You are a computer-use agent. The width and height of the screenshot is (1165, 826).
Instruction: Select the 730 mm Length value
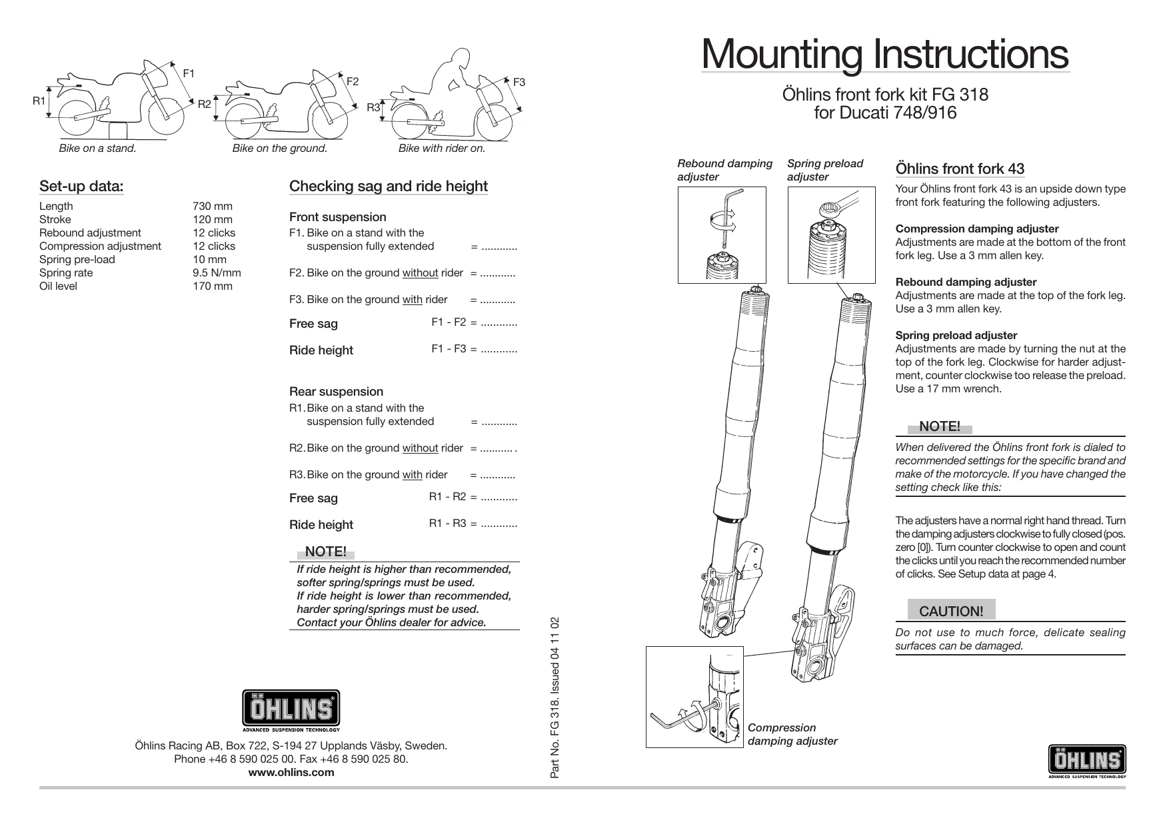pos(212,206)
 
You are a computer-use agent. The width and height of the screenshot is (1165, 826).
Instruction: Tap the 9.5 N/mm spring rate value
pos(217,273)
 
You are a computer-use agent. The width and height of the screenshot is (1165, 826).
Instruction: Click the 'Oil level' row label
pos(58,286)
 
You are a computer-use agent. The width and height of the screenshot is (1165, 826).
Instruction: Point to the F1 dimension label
pos(189,73)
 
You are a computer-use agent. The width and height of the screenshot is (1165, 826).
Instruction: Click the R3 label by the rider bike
pos(374,107)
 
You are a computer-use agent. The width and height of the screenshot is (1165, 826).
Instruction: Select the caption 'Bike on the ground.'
pos(279,149)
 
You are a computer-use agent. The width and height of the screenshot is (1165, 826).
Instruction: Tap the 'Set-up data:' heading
pos(81,186)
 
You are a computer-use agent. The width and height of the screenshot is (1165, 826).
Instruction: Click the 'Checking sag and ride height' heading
pos(388,187)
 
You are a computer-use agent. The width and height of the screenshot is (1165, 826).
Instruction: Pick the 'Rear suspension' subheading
pos(336,392)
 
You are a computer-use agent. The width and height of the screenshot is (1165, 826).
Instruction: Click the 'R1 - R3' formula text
pos(447,524)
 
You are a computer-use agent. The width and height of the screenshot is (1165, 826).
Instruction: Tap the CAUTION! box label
pos(951,611)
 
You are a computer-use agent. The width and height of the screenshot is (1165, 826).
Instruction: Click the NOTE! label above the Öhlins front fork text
pos(939,426)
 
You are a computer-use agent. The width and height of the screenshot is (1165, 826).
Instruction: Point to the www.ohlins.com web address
pos(291,773)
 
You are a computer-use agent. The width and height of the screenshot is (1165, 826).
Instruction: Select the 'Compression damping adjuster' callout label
pos(792,734)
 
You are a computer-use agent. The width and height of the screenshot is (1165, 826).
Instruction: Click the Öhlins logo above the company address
pos(291,711)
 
